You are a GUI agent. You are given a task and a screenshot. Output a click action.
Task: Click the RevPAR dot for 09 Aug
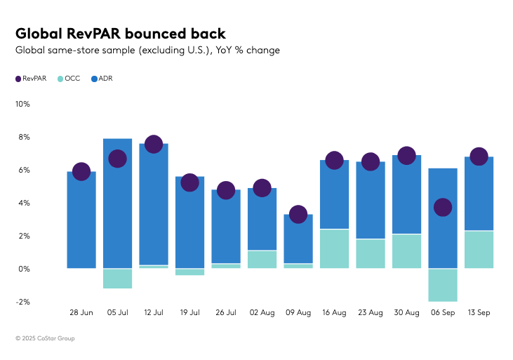tap(298, 214)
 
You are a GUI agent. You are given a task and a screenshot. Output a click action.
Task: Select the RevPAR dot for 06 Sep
tap(443, 207)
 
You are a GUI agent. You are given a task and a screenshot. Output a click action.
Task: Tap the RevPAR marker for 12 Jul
tap(154, 144)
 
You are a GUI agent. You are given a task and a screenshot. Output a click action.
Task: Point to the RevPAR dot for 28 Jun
tap(81, 171)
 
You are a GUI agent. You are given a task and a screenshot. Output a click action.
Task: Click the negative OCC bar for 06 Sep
tap(443, 285)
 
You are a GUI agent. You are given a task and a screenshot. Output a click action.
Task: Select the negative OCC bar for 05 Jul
tap(117, 279)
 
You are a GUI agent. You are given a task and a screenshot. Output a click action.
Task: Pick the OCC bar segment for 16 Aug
tap(334, 248)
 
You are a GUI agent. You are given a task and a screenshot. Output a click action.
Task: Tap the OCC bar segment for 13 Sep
tap(479, 249)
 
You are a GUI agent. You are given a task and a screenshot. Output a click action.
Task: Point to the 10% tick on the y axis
tap(22, 104)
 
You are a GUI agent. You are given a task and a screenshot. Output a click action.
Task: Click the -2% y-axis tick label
tap(22, 302)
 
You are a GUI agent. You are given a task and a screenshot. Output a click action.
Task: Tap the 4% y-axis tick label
tap(24, 203)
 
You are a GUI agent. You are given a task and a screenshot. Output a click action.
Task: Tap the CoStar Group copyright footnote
tap(45, 338)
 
